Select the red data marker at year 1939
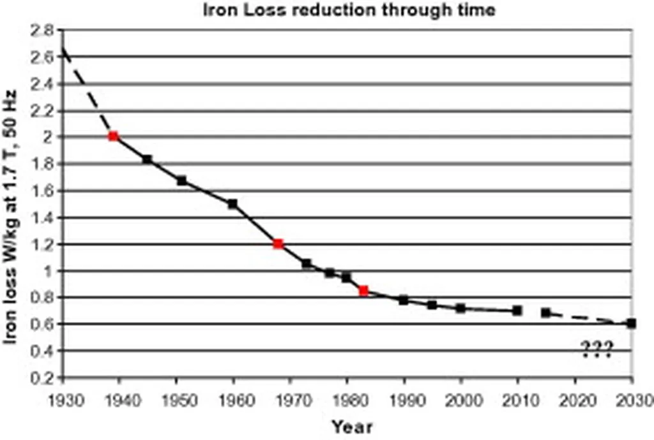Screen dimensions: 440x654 click(114, 136)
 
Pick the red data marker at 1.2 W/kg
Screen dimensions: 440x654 click(278, 244)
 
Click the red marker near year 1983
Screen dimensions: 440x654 click(363, 291)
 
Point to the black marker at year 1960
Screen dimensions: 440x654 click(232, 204)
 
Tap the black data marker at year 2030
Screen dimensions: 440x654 click(631, 323)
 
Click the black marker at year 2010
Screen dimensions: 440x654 click(517, 311)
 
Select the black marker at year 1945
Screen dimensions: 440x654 click(148, 159)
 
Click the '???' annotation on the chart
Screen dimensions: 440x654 click(597, 349)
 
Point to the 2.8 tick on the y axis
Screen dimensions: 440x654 click(44, 30)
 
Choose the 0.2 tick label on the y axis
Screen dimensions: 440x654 click(44, 378)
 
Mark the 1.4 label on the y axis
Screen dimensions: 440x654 click(44, 217)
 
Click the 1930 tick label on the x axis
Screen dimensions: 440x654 click(63, 399)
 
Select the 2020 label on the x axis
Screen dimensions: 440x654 click(575, 399)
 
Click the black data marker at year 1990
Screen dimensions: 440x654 click(404, 300)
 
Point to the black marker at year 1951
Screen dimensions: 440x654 click(181, 180)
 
